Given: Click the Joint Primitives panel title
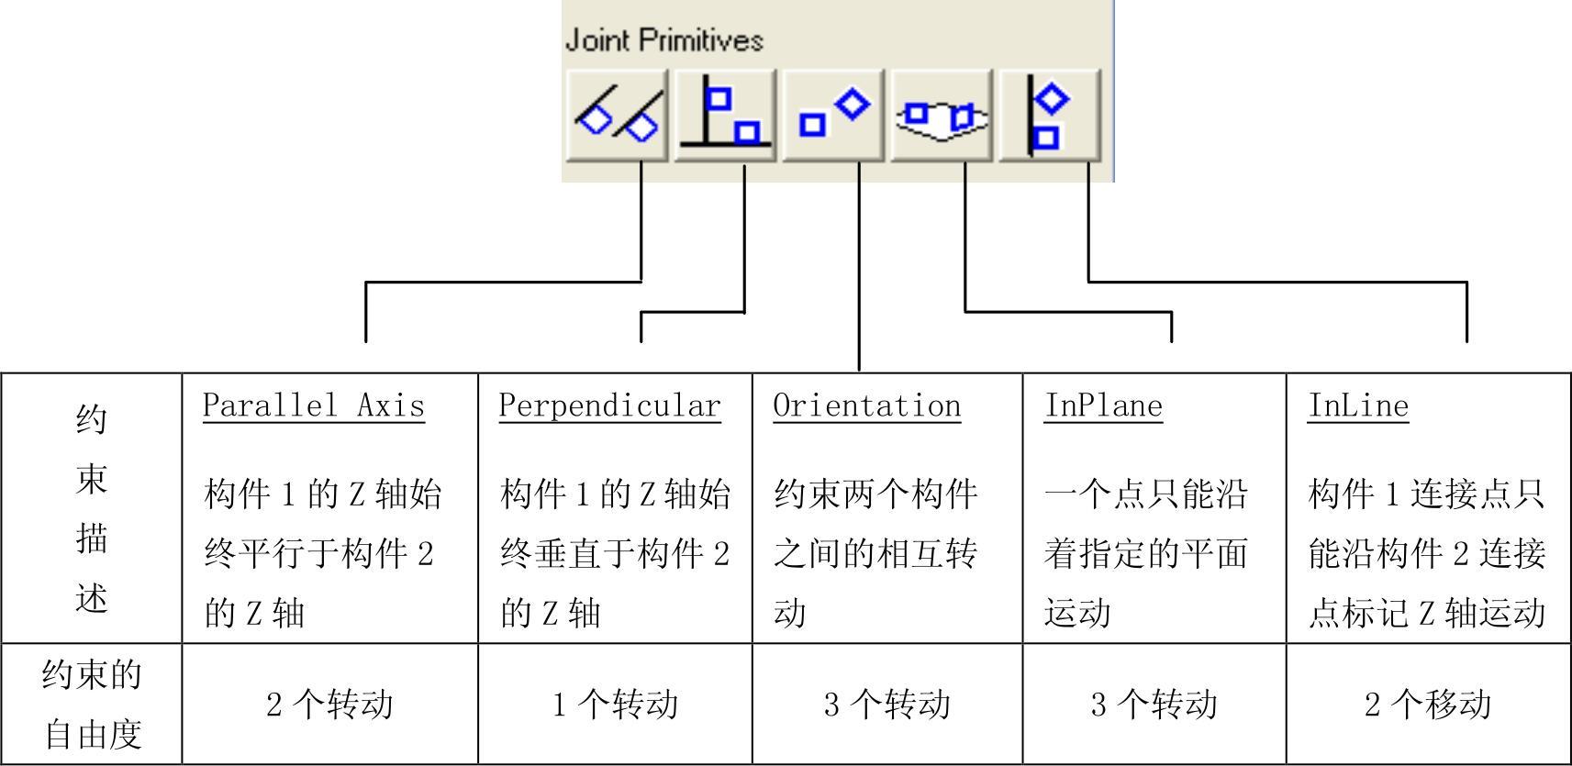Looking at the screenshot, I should tap(664, 40).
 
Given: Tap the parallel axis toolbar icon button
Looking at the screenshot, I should tap(618, 116).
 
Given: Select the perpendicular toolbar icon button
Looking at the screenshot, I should tap(726, 116).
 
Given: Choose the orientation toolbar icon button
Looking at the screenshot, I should tap(833, 116).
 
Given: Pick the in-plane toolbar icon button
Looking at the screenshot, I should tap(942, 116).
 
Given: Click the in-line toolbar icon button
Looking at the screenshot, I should tap(1049, 116).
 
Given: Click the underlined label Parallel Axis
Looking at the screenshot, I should tap(314, 405).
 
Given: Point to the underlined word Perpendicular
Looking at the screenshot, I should tap(609, 405).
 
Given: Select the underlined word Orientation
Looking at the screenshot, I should tap(866, 405).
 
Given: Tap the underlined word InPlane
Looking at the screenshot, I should tap(1103, 405).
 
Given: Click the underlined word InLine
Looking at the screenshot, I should tap(1357, 405).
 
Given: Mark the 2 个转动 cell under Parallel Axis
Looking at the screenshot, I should tap(329, 705).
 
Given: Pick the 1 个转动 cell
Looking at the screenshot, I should tap(615, 705).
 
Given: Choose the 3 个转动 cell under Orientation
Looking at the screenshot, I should tap(886, 705).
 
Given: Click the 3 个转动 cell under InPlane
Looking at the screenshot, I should tap(1154, 705).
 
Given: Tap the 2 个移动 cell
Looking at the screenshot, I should tap(1428, 705).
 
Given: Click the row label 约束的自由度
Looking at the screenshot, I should tap(92, 705).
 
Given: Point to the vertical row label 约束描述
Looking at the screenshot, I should tap(92, 508).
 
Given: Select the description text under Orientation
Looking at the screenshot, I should tap(875, 553).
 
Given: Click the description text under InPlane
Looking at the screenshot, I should tap(1145, 553).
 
